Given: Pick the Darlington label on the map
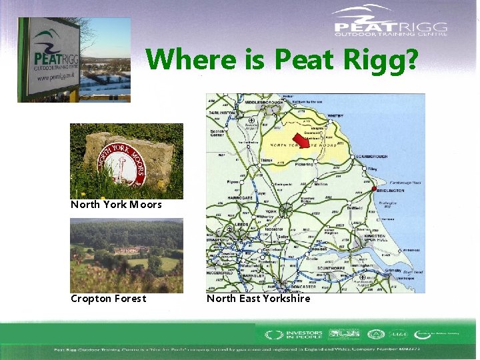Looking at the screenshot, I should pyautogui.click(x=222, y=113).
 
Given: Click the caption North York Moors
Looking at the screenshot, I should pyautogui.click(x=116, y=205).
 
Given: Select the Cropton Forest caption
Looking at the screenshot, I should pyautogui.click(x=108, y=299).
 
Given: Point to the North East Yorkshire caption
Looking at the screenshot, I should pyautogui.click(x=258, y=299).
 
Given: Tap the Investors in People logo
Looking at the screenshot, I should pyautogui.click(x=294, y=335).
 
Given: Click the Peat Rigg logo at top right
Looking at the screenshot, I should pyautogui.click(x=391, y=21).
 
